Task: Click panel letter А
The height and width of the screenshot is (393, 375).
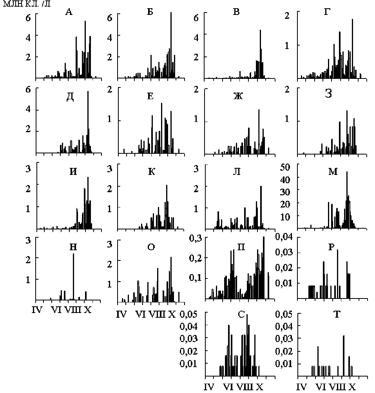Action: [x=69, y=12]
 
